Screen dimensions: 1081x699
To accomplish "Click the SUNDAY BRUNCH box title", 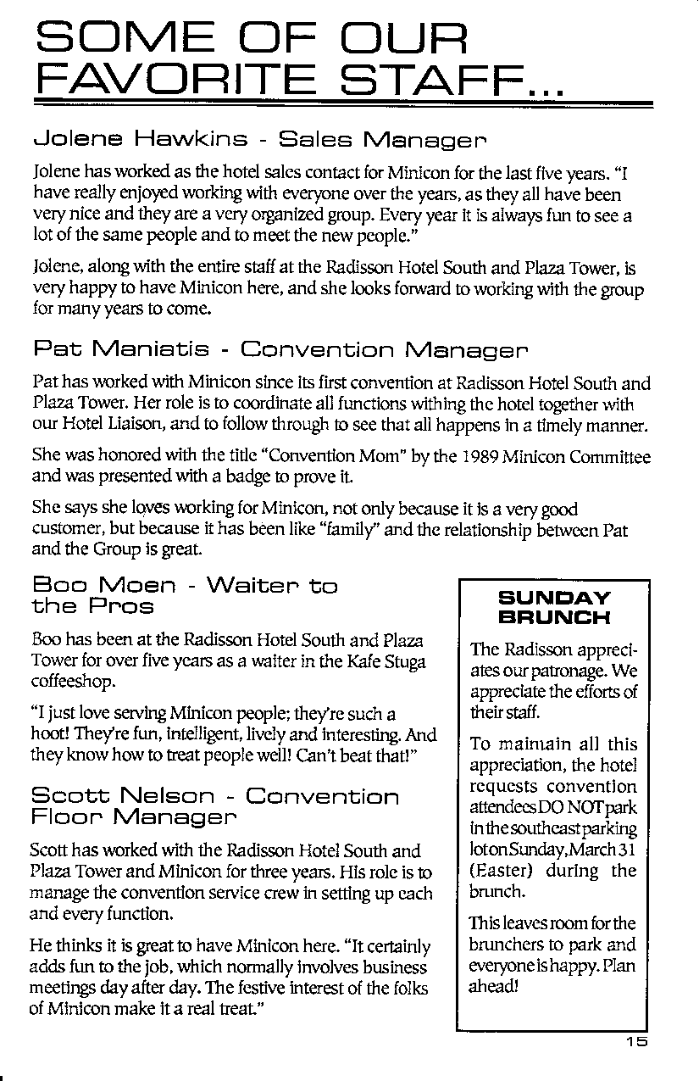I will point(554,607).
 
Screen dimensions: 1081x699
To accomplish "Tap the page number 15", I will point(637,1043).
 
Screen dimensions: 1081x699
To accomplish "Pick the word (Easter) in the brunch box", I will point(498,872).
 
